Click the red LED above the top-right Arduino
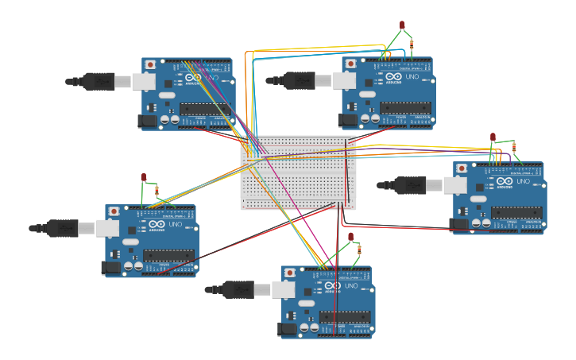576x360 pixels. click(402, 25)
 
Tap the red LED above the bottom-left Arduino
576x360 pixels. click(144, 177)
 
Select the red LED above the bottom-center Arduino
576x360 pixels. click(350, 237)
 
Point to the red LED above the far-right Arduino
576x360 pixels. click(493, 137)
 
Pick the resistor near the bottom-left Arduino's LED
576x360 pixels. click(157, 191)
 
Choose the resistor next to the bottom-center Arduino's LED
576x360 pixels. click(360, 250)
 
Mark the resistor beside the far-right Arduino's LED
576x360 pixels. click(514, 147)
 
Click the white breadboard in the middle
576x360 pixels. click(298, 172)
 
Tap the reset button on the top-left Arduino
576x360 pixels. click(150, 64)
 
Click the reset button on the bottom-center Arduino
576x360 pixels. click(289, 273)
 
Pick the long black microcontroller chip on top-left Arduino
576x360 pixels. click(206, 108)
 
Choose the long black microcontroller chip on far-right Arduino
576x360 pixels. click(516, 212)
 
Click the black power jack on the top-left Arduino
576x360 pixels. click(147, 121)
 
